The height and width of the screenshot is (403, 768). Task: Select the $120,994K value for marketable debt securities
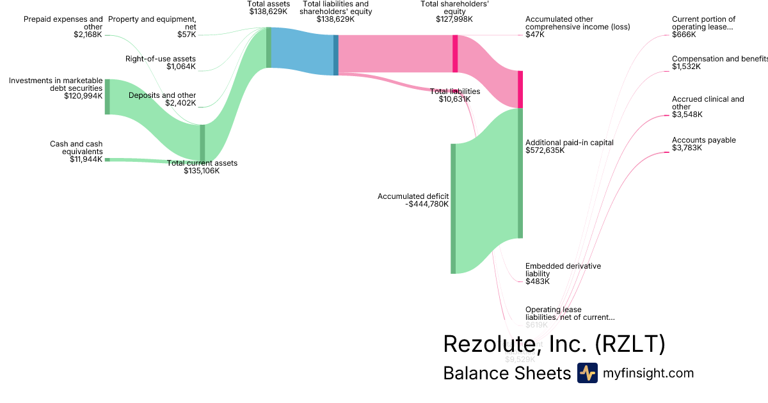pyautogui.click(x=83, y=96)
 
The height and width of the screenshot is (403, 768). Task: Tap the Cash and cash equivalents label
pyautogui.click(x=76, y=148)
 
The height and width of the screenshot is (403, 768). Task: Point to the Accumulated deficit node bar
pyautogui.click(x=453, y=209)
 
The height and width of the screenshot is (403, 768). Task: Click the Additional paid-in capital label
pyautogui.click(x=569, y=143)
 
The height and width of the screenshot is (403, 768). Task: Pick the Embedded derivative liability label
pyautogui.click(x=563, y=269)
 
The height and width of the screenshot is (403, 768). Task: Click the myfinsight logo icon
pyautogui.click(x=587, y=373)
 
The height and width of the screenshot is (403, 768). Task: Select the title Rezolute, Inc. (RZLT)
pyautogui.click(x=554, y=344)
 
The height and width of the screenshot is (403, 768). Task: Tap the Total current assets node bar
pyautogui.click(x=202, y=143)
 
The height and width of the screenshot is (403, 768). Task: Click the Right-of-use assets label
pyautogui.click(x=160, y=59)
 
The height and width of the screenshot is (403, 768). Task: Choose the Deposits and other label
pyautogui.click(x=162, y=95)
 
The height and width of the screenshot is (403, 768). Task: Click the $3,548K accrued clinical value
pyautogui.click(x=687, y=115)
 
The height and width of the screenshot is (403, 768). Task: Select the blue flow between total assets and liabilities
pyautogui.click(x=302, y=51)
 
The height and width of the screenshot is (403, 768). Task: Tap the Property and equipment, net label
pyautogui.click(x=152, y=23)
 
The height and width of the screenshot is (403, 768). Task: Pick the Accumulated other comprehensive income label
pyautogui.click(x=577, y=23)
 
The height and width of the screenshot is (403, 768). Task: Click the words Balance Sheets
pyautogui.click(x=506, y=374)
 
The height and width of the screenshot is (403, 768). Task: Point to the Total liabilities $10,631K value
pyautogui.click(x=454, y=99)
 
